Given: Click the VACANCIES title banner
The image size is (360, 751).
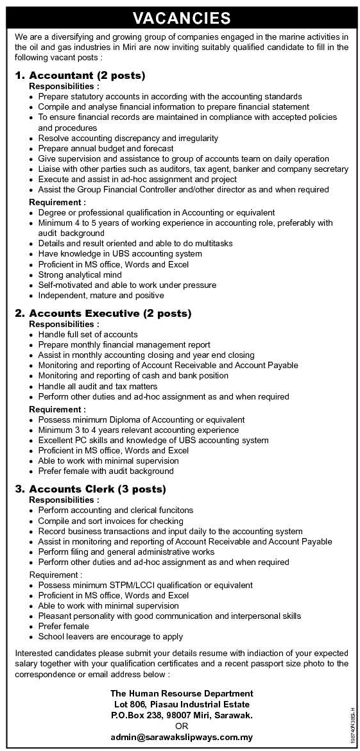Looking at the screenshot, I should (x=182, y=18).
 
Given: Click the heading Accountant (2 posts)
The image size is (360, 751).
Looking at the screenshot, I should (x=87, y=75).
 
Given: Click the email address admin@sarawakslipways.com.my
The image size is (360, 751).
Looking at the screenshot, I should (x=182, y=737).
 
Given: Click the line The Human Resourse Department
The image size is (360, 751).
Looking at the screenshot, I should (x=182, y=693).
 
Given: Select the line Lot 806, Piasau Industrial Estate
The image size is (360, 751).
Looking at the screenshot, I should (x=182, y=704).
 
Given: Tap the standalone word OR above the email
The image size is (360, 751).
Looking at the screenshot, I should (x=182, y=725).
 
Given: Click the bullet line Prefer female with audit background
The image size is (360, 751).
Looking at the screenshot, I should (x=106, y=471).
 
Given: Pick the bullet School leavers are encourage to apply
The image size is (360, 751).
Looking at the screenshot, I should (x=110, y=636).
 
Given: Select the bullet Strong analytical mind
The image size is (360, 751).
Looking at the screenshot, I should (x=80, y=274).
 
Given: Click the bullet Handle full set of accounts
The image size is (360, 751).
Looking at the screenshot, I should (x=88, y=334).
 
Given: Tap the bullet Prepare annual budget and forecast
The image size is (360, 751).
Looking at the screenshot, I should (x=106, y=148).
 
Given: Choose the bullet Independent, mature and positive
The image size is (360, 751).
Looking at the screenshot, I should (x=101, y=295).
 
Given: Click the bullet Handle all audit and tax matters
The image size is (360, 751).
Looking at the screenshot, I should (x=98, y=386).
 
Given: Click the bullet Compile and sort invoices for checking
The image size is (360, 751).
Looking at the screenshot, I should (x=110, y=521).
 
